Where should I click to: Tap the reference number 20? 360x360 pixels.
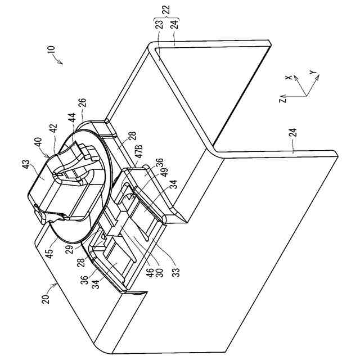click(x=47, y=292)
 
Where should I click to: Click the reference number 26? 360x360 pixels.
click(x=83, y=103)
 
